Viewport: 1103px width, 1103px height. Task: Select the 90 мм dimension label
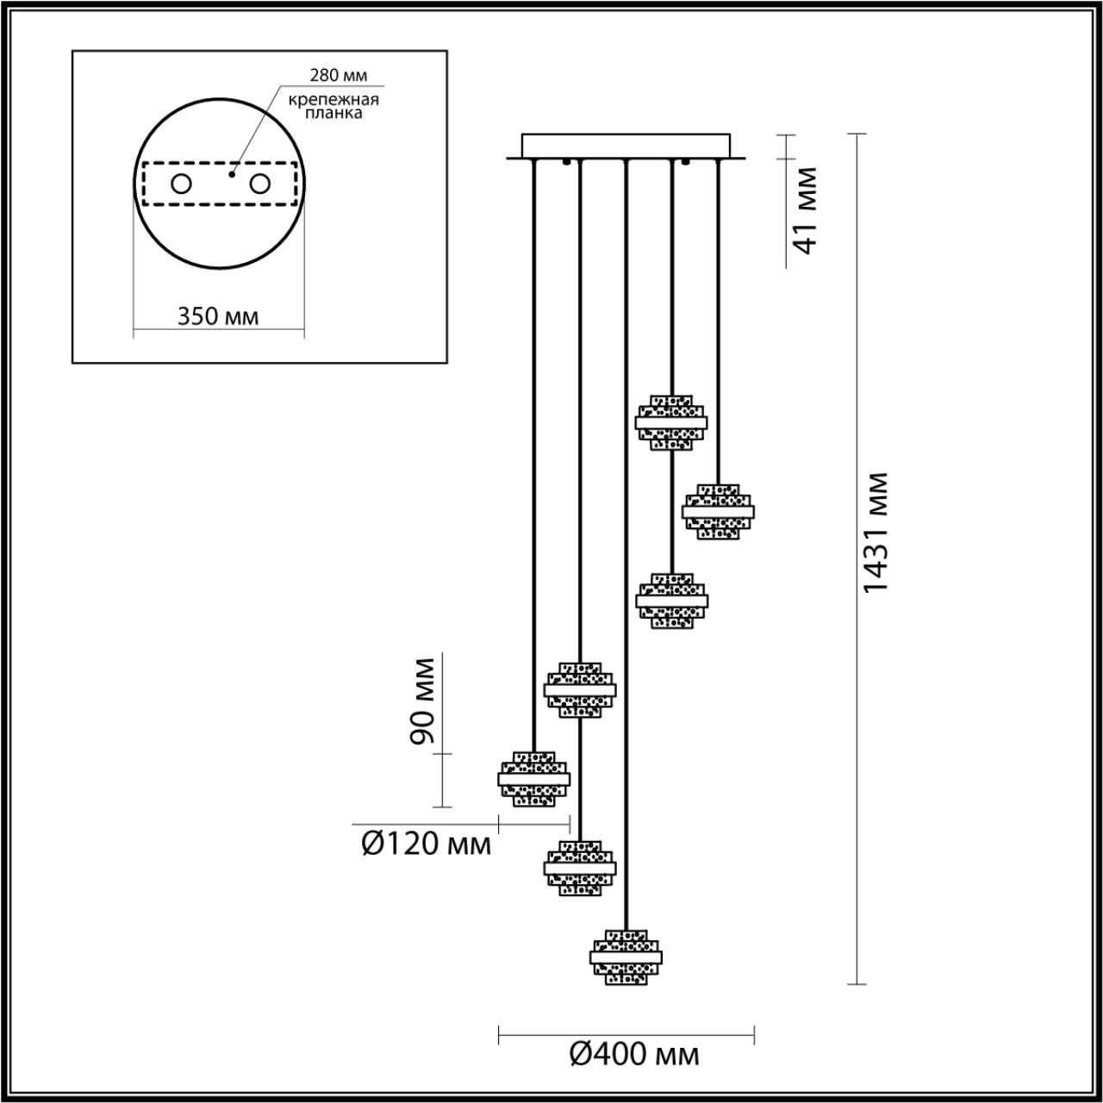tap(421, 700)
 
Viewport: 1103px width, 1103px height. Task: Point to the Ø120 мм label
tap(426, 844)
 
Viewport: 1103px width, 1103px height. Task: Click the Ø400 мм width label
tap(634, 1053)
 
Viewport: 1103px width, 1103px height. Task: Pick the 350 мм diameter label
tap(218, 315)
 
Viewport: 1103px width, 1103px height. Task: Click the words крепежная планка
tap(334, 106)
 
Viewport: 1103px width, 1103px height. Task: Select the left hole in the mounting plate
tap(182, 184)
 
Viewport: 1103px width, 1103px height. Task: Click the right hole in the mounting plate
tap(259, 184)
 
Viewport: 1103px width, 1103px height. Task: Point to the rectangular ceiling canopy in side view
tap(626, 146)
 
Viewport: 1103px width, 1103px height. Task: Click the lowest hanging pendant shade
tap(626, 957)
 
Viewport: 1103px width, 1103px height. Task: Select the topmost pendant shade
tap(671, 422)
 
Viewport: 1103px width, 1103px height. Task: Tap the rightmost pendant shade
tap(718, 511)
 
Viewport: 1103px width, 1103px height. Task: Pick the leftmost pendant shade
tap(534, 778)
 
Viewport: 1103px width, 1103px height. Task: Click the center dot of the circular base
tap(230, 174)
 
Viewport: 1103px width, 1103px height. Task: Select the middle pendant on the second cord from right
tap(671, 600)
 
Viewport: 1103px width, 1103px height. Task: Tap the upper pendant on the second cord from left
tap(580, 689)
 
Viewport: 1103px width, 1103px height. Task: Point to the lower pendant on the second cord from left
tap(580, 868)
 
